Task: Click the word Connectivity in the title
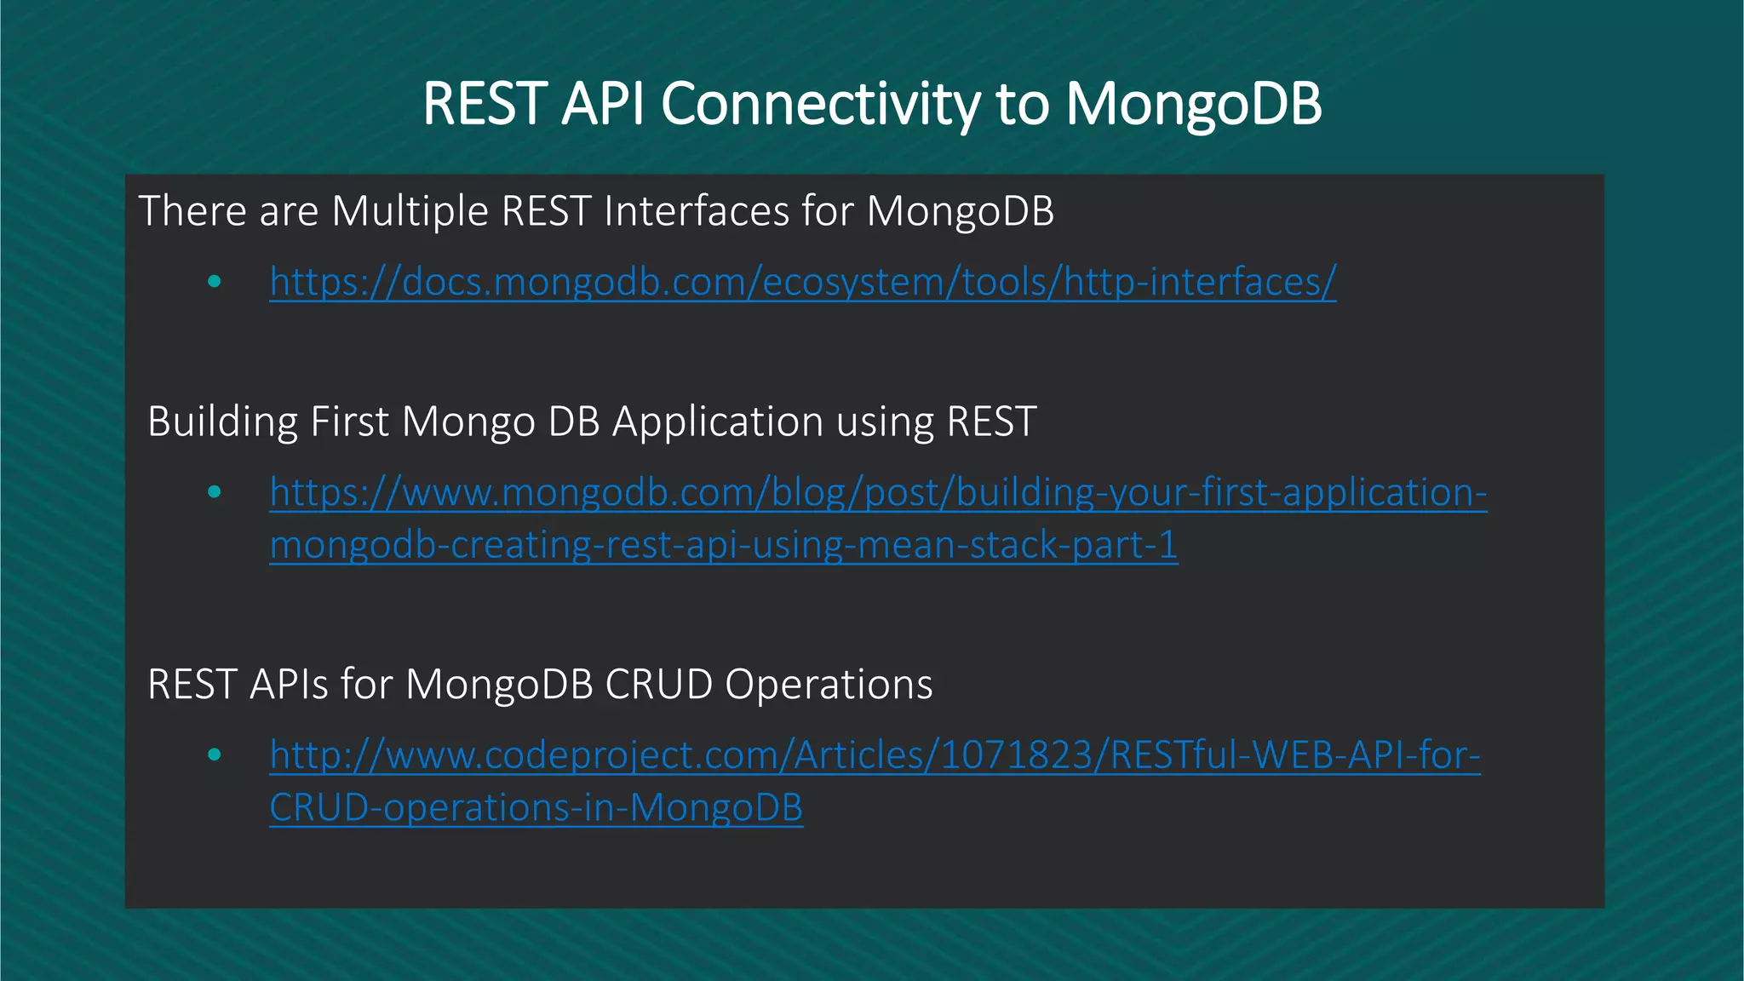[820, 104]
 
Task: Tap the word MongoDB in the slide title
[1193, 104]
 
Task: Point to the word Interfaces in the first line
[697, 211]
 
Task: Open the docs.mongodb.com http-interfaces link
[802, 282]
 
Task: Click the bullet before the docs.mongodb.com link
[215, 282]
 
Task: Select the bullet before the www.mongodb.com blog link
[215, 492]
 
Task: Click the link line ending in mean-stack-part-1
[724, 546]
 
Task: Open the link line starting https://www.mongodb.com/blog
[878, 493]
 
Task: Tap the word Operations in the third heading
[829, 685]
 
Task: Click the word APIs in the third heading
[288, 685]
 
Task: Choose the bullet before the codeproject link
[215, 754]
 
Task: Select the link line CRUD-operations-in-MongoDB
[536, 808]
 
